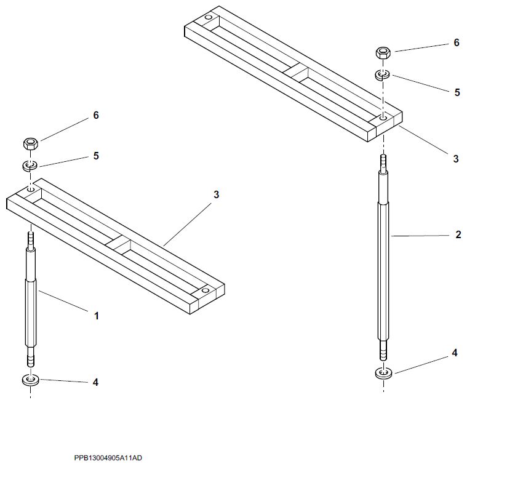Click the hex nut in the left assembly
(30, 145)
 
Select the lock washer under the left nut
(30, 165)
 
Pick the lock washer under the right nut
(382, 75)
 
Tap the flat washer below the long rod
(383, 373)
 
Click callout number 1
(96, 316)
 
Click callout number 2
(458, 234)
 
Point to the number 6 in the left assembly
(96, 116)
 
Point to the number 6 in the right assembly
(457, 43)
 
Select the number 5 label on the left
(96, 156)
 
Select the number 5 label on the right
(457, 92)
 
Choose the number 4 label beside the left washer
(95, 382)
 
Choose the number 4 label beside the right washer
(455, 353)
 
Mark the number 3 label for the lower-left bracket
(216, 194)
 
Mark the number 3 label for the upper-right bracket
(456, 159)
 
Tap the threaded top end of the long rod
(383, 162)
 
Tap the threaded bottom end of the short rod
(30, 357)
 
